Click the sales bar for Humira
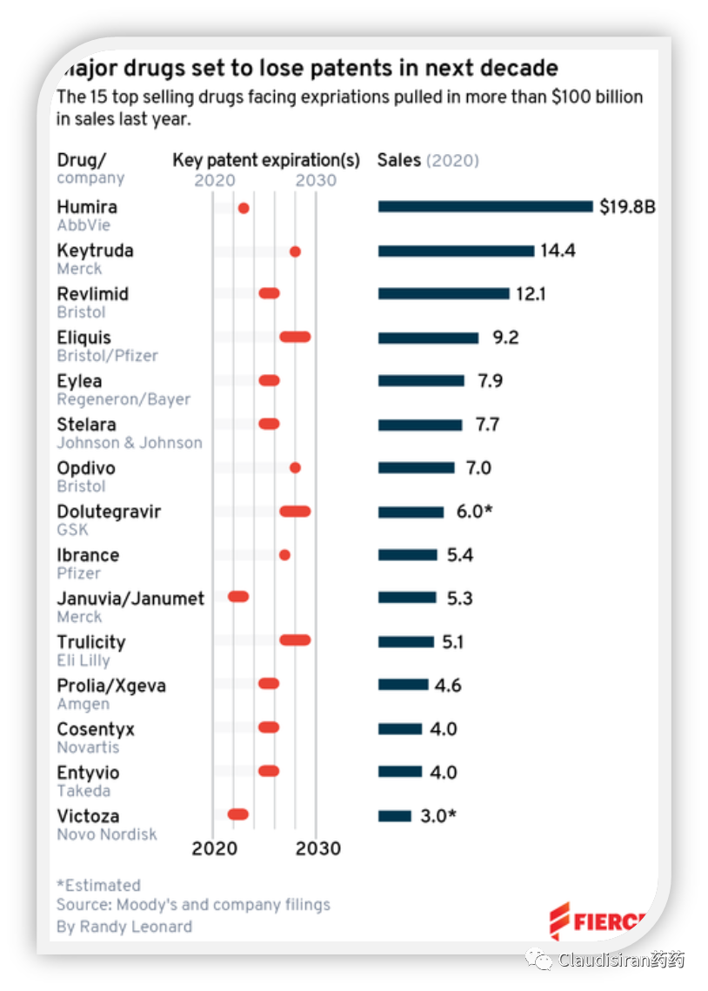485,206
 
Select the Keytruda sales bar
456,251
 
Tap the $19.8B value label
627,207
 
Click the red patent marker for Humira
244,208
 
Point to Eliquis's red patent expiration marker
295,337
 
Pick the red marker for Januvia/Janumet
238,597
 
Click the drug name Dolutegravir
109,512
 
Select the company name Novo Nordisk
107,834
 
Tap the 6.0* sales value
475,512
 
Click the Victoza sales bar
395,816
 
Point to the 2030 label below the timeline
317,848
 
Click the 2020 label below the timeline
214,848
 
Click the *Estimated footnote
98,885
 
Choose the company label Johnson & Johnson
130,443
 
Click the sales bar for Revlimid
444,294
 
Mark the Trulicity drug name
91,642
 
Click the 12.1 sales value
531,294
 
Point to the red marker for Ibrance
284,555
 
